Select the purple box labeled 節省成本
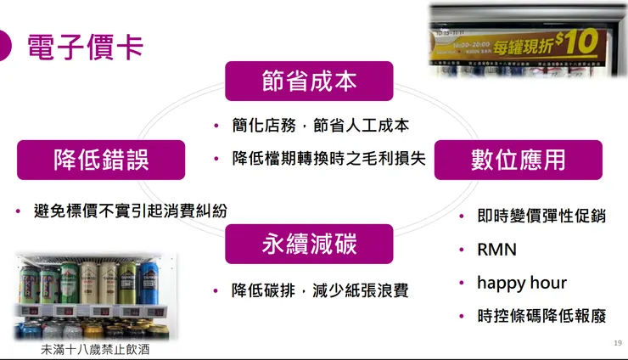tap(309, 81)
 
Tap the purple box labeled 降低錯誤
tap(101, 159)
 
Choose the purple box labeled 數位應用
tap(518, 160)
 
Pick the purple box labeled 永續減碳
tap(309, 244)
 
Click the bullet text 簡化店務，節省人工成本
tap(321, 126)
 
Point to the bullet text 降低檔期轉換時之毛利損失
tap(329, 159)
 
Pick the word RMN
tap(496, 250)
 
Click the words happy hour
tap(521, 283)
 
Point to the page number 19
tap(617, 343)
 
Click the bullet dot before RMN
tap(461, 250)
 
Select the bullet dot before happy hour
tap(461, 284)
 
